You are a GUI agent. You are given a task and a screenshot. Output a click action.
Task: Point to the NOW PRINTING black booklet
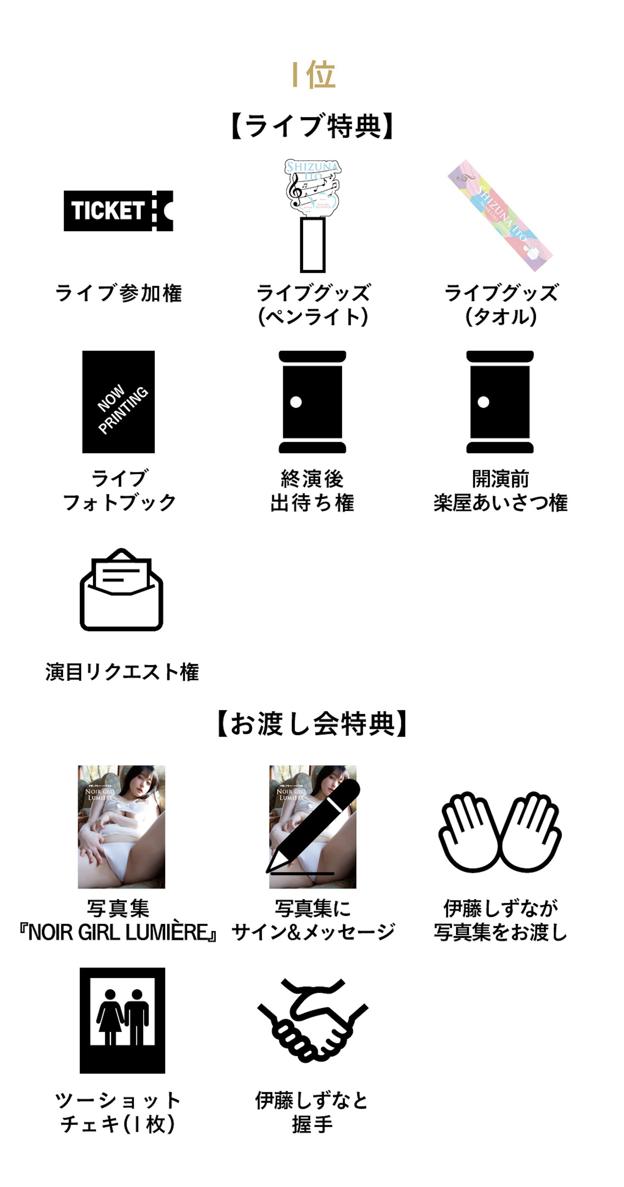tap(118, 402)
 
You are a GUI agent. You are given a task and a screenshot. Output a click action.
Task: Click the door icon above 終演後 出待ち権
tap(312, 402)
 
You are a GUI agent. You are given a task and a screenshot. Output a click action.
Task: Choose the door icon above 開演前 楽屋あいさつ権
tap(500, 402)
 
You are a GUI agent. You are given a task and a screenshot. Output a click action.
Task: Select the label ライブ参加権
tap(118, 293)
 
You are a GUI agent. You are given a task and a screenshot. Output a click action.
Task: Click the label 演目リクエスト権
tap(122, 672)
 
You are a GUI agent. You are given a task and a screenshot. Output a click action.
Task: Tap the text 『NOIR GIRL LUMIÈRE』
tap(118, 933)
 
